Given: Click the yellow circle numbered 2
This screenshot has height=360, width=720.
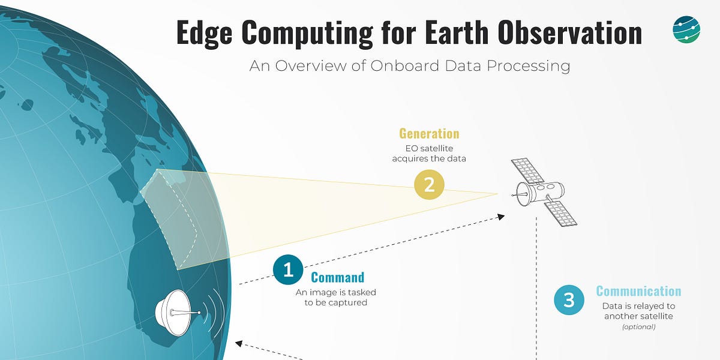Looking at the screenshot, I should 429,184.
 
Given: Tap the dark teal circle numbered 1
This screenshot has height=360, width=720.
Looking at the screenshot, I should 288,270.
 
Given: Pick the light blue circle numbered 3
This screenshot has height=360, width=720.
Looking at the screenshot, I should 569,299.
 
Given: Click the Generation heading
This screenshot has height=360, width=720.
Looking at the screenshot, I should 429,133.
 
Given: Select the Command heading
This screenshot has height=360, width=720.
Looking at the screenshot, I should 337,277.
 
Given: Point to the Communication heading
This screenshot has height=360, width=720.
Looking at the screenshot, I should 638,292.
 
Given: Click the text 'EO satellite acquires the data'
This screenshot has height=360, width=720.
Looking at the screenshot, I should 429,153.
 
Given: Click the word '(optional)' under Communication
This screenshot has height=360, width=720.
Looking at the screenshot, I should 638,327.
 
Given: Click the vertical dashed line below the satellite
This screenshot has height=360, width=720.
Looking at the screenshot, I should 536,288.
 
